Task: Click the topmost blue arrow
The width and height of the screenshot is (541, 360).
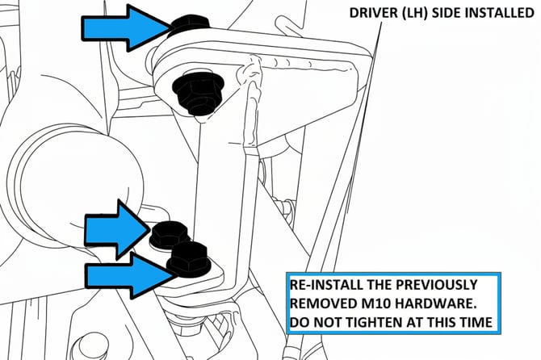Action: coord(126,28)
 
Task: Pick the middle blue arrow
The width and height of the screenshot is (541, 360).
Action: coord(118,229)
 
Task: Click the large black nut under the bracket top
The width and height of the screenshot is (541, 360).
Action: coord(197,93)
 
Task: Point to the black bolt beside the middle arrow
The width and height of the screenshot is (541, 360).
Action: coord(170,234)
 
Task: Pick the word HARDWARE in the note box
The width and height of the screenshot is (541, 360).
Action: coord(434,303)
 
